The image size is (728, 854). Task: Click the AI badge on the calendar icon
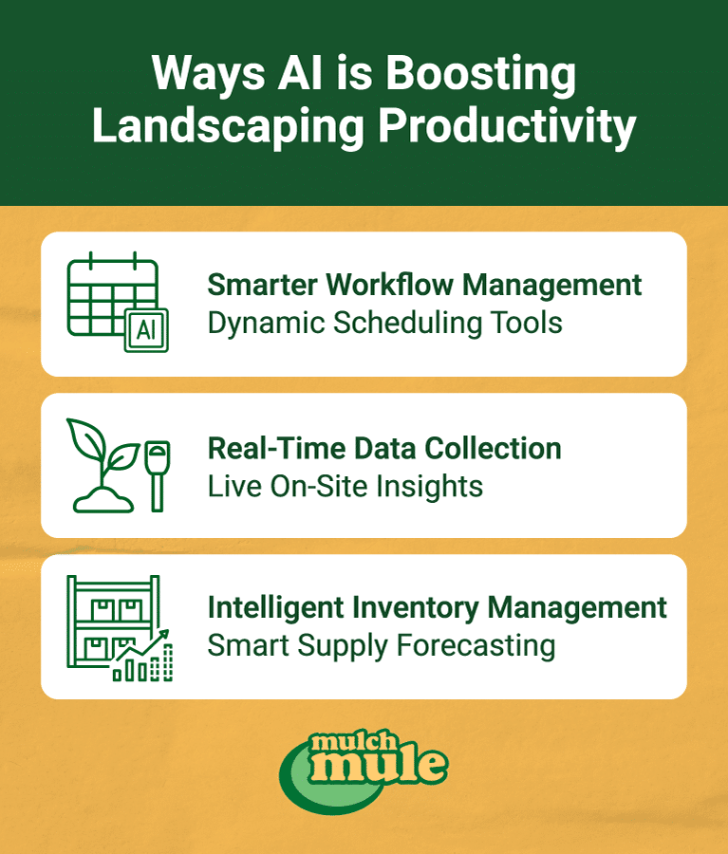click(147, 329)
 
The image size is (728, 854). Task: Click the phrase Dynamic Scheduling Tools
click(384, 323)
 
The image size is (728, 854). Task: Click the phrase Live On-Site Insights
click(345, 486)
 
